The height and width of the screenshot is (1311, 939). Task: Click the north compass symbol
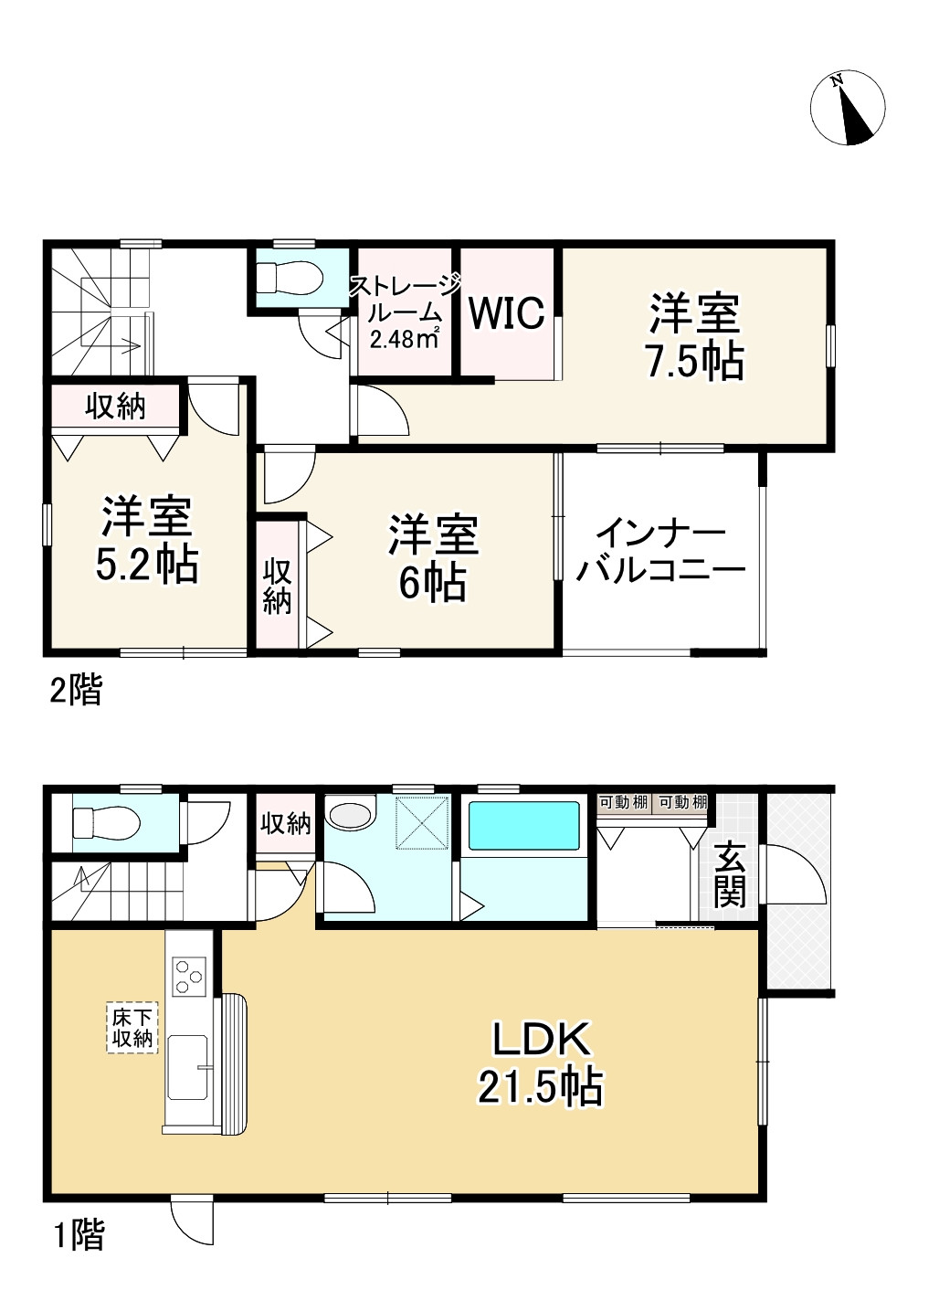click(848, 107)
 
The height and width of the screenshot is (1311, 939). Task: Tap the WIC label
click(506, 313)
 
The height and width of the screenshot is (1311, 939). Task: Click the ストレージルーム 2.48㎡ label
click(403, 312)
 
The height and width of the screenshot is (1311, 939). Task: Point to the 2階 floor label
click(75, 691)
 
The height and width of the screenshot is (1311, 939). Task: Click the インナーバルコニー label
click(661, 552)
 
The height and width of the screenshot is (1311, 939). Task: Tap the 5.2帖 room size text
click(147, 565)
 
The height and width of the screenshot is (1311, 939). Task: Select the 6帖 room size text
click(433, 583)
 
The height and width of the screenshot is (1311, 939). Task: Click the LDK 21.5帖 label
click(542, 1063)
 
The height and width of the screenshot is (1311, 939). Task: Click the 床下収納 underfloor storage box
click(132, 1029)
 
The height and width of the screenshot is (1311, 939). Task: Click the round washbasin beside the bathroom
click(353, 812)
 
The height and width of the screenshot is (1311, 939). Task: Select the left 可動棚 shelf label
click(623, 803)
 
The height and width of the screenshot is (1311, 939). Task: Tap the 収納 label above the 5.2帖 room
click(116, 407)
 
